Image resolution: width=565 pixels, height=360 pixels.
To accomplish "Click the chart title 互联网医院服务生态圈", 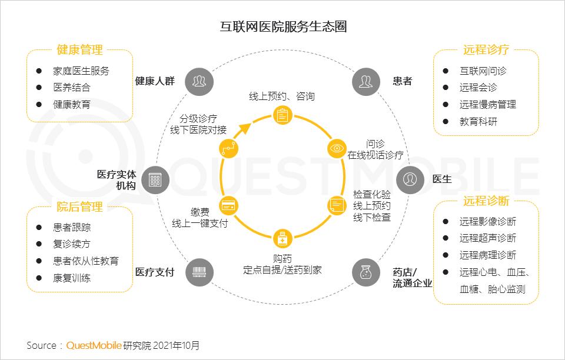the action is [283, 26].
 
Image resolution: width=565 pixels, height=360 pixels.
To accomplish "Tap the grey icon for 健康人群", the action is [200, 81].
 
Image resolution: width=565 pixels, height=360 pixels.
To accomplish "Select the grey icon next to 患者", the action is [366, 81].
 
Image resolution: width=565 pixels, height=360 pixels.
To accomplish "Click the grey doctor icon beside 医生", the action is [410, 179].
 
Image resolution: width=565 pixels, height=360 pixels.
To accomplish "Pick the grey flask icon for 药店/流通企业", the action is [366, 272].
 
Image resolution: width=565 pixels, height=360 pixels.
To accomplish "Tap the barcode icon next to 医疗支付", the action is [200, 272].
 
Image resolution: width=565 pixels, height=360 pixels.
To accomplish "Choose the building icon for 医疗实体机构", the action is [155, 179].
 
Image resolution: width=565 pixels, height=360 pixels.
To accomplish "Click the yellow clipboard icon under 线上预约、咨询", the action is [282, 115].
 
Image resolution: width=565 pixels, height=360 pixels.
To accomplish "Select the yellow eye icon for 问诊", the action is [337, 148].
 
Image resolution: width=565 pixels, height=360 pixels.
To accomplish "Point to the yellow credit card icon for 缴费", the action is [228, 206].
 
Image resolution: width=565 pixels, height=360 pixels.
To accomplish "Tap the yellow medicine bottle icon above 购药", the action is [282, 238].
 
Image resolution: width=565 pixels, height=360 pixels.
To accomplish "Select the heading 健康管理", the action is [79, 49].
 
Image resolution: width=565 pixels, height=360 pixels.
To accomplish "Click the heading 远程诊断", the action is [486, 201].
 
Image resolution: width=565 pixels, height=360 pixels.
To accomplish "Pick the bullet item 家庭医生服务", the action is [81, 71].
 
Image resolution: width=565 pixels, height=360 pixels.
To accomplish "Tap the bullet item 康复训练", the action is [72, 278].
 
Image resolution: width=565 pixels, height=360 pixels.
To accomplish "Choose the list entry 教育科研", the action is [478, 122].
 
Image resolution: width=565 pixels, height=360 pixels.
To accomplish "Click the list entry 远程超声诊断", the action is [487, 238].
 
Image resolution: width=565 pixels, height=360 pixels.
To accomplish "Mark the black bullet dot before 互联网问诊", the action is [446, 71].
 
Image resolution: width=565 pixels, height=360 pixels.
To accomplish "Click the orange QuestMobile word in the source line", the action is [94, 346].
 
